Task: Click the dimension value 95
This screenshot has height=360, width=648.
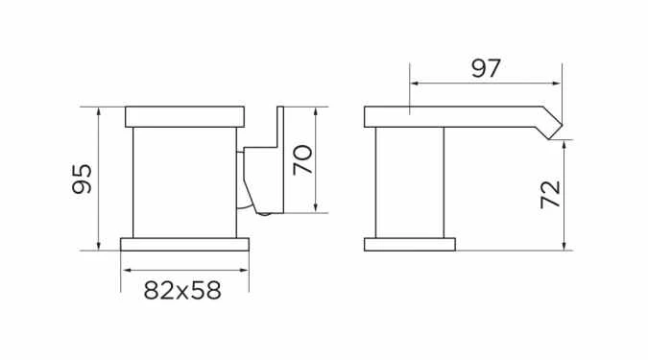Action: pyautogui.click(x=83, y=179)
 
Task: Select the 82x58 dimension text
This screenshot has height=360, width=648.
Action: pyautogui.click(x=182, y=290)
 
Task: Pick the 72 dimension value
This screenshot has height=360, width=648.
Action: pyautogui.click(x=550, y=196)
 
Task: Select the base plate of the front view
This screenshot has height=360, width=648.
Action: pyautogui.click(x=184, y=243)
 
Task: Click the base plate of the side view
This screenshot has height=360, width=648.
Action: pyautogui.click(x=409, y=243)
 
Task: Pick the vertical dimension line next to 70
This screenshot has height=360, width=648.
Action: pyautogui.click(x=317, y=159)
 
